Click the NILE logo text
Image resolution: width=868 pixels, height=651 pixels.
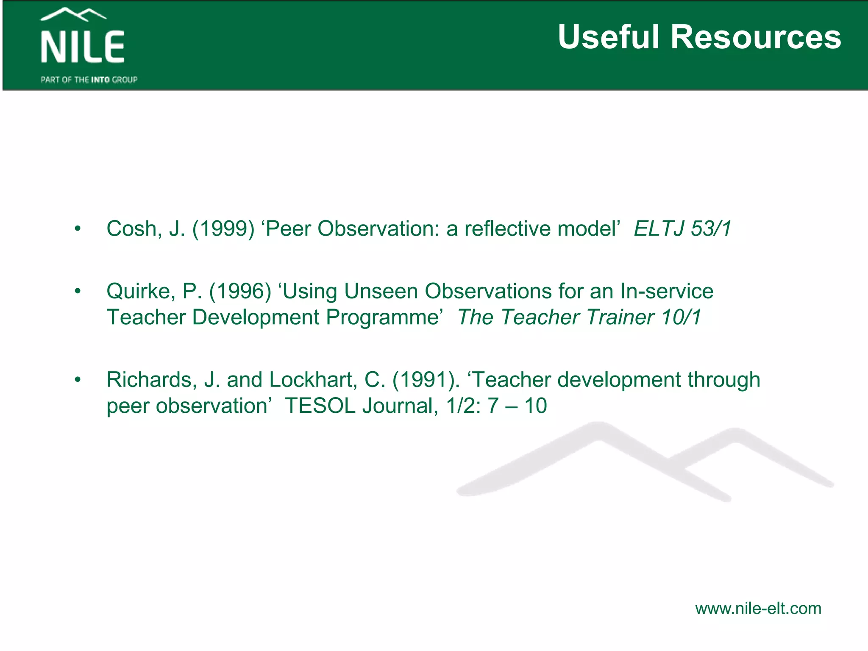tap(82, 47)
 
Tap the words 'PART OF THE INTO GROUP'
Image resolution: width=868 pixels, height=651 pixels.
tap(89, 80)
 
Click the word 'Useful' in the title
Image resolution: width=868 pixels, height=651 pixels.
tap(609, 37)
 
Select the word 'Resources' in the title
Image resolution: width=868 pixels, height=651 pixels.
tap(756, 37)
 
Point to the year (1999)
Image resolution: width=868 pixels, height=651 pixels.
tap(223, 229)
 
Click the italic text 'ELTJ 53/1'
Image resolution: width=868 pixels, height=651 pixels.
tap(682, 229)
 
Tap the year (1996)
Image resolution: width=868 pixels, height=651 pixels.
tap(240, 292)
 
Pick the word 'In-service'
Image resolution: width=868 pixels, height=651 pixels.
tap(666, 292)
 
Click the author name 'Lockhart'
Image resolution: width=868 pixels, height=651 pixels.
tap(313, 380)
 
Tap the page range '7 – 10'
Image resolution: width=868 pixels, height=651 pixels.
tap(517, 406)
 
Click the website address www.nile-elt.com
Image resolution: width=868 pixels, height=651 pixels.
tap(758, 609)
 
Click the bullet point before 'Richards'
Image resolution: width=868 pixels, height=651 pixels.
tap(77, 380)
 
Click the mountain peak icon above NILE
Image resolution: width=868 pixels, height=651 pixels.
tap(73, 15)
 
